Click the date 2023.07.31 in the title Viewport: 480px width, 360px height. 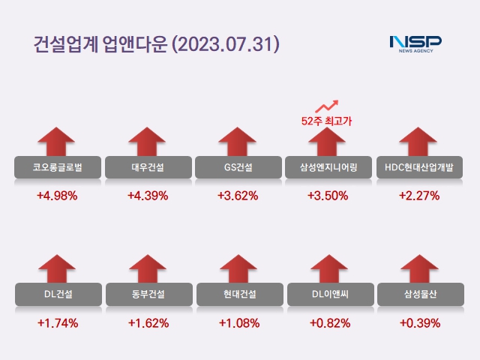pos(226,43)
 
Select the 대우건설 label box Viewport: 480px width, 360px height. pos(147,167)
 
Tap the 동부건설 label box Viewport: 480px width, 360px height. pos(147,293)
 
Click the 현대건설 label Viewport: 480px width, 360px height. pos(238,293)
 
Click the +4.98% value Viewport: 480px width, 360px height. pos(57,196)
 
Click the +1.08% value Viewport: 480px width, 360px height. pos(238,324)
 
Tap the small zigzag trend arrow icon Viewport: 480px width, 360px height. pos(327,106)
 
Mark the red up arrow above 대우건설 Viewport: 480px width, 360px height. pos(147,141)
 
